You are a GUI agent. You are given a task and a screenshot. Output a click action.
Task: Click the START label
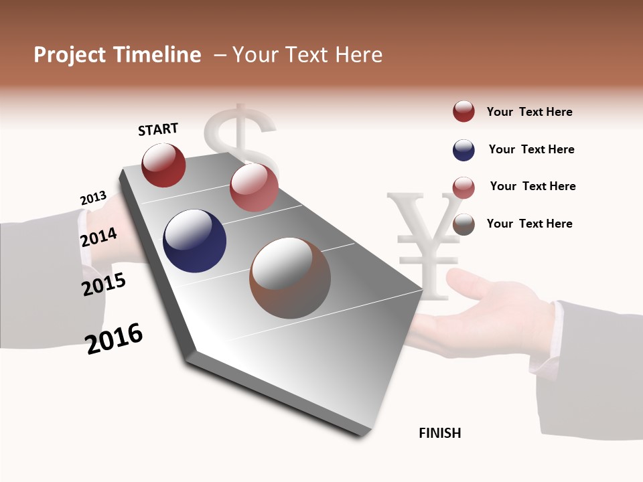click(158, 129)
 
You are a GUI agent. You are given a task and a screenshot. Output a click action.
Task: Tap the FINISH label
click(439, 433)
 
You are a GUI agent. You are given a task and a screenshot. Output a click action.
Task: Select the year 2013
click(93, 198)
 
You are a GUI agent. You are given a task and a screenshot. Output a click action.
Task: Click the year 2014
click(98, 237)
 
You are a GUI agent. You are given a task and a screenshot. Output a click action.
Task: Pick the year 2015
click(104, 285)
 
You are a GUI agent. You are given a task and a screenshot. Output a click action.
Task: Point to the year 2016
click(114, 339)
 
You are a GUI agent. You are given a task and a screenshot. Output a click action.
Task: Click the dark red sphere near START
click(163, 165)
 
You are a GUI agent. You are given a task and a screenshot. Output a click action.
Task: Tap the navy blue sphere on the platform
click(194, 241)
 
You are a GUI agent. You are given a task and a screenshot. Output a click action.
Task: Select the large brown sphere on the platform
click(289, 278)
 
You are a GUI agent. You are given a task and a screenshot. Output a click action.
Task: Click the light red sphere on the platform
click(254, 187)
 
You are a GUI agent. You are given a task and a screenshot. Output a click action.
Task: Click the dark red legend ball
click(463, 112)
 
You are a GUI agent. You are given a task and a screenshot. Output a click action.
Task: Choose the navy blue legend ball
click(463, 150)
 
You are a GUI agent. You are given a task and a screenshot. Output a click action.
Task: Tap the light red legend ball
click(463, 187)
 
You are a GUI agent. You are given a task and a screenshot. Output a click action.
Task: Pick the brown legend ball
click(463, 224)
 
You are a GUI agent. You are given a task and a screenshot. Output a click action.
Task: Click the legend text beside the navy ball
click(531, 149)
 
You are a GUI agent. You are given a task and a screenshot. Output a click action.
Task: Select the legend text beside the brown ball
click(529, 224)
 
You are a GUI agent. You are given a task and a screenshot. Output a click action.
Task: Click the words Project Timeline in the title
click(117, 55)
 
